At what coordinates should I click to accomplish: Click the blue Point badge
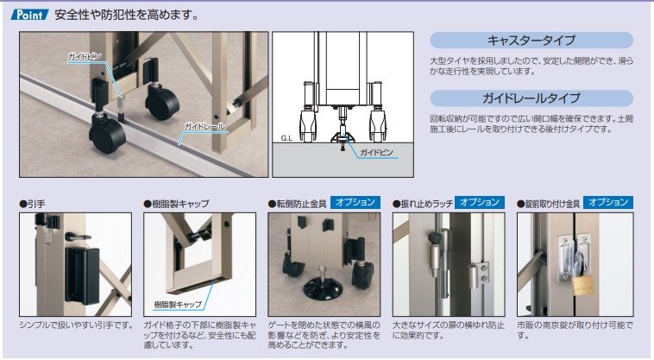coord(30,15)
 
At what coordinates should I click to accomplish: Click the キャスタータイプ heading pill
coord(531,40)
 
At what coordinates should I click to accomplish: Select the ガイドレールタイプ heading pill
coord(531,98)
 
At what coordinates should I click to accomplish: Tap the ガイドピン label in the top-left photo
coord(85,56)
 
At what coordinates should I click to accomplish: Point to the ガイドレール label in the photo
coord(204,126)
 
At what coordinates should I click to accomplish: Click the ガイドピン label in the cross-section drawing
coord(376,152)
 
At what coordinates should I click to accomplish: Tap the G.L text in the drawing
coord(286,138)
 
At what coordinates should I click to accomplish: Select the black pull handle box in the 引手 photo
coord(82,275)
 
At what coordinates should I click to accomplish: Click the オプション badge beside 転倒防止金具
coord(355,202)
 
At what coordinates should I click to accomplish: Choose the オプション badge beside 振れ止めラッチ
coord(480,202)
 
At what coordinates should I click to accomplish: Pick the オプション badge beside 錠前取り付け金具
coord(608,202)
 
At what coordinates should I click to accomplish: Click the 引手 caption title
coord(32,204)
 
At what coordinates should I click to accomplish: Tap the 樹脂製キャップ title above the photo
coord(176,204)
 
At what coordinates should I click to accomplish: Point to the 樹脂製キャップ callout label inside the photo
coord(178,305)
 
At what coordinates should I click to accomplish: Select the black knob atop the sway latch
coord(434,237)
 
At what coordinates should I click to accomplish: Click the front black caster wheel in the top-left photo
coord(107,135)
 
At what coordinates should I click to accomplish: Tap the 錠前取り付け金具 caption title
coord(549,204)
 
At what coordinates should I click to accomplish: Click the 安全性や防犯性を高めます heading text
coord(126,16)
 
